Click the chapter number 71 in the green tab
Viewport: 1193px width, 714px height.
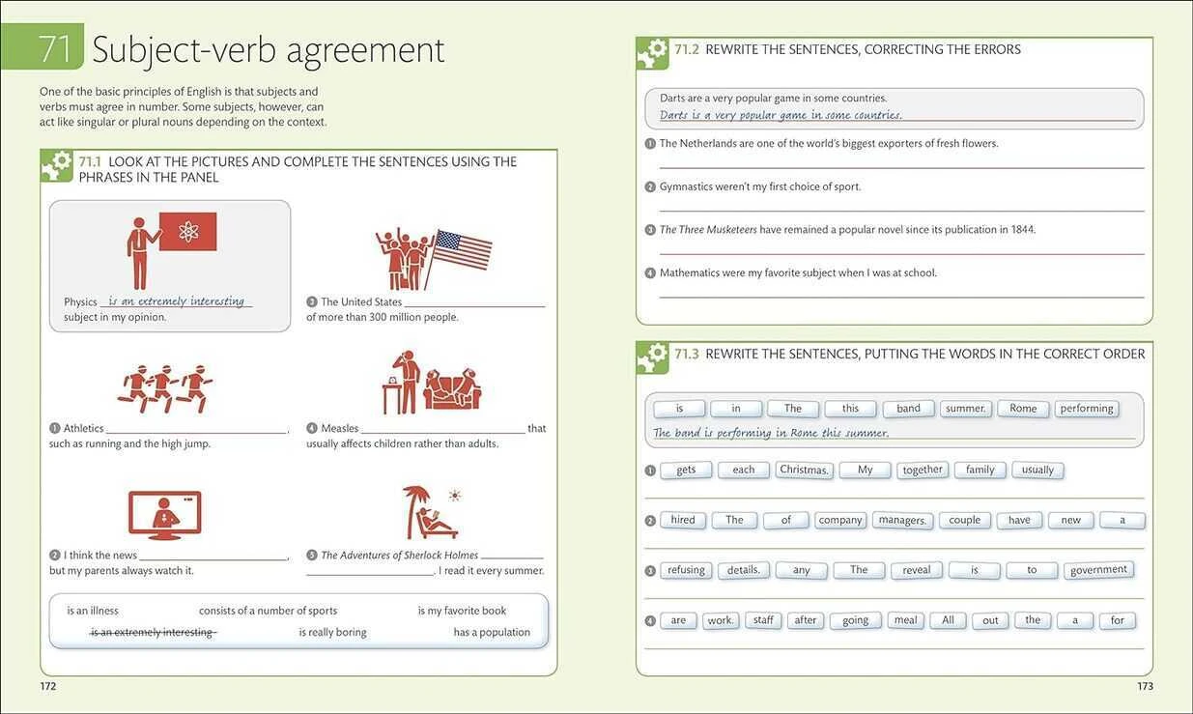coord(55,48)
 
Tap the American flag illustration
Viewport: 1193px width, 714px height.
coord(463,249)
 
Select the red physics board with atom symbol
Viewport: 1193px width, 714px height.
coord(188,231)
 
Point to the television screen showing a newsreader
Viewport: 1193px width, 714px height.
coord(165,513)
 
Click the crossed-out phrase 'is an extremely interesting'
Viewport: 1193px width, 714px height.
coord(154,632)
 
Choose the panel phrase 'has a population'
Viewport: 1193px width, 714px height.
coord(492,632)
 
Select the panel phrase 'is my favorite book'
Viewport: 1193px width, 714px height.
coord(462,611)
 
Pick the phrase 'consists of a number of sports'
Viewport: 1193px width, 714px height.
coord(268,611)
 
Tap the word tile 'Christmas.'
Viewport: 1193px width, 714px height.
coord(804,470)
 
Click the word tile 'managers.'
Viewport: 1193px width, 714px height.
coord(902,520)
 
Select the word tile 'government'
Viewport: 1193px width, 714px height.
coord(1098,570)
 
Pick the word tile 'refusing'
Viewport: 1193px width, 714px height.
coord(686,570)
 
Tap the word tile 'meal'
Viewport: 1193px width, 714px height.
coord(905,620)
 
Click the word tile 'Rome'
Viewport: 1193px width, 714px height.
coord(1023,409)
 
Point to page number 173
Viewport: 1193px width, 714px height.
coord(1145,686)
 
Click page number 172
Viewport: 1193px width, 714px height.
coord(48,686)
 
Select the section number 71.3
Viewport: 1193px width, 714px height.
coord(687,354)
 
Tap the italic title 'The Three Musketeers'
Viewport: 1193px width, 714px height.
coord(708,230)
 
